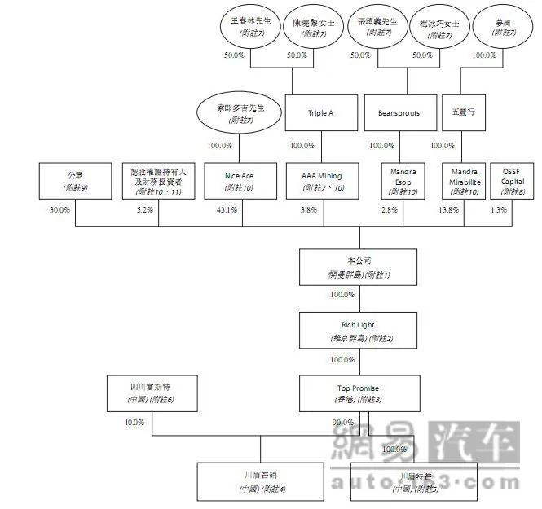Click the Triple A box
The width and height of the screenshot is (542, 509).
tap(321, 113)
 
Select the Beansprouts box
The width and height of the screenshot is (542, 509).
tap(399, 113)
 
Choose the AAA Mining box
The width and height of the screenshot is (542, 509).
tap(321, 181)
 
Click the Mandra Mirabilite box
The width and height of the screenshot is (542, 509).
tap(464, 181)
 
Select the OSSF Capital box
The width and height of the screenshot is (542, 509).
tap(511, 181)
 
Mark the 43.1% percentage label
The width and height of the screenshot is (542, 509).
tap(226, 209)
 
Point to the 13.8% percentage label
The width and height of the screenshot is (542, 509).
tap(449, 209)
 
